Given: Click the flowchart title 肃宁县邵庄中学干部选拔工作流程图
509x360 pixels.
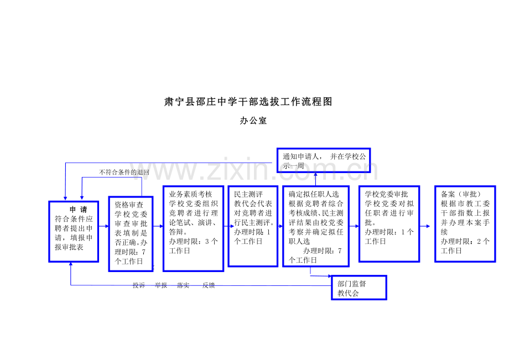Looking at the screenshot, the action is tap(248, 102).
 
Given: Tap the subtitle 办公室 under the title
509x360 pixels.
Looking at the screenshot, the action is tap(253, 121).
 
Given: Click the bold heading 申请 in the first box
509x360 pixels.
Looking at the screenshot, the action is tap(79, 210).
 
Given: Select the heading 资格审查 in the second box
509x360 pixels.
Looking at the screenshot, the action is tap(129, 205).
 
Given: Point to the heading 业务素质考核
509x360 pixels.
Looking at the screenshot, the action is tap(190, 194).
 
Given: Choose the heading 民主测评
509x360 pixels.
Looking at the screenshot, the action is tap(248, 194).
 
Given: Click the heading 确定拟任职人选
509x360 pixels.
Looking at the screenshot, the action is tap(314, 194).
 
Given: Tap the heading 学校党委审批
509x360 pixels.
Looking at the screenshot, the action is tap(386, 194).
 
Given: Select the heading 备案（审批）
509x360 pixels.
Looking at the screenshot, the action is tap(461, 194).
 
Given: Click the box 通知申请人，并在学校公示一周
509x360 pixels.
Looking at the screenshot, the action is tap(324, 160).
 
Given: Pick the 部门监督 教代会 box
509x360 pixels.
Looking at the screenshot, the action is tap(359, 288).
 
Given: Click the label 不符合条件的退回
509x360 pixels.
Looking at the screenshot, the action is tap(124, 172).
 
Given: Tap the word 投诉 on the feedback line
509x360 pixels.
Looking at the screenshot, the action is tap(139, 285).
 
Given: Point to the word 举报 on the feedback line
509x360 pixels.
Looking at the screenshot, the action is tap(160, 285).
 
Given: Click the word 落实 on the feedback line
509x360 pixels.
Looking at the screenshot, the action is tap(183, 285).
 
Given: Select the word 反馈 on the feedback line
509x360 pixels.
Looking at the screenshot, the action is tap(209, 285).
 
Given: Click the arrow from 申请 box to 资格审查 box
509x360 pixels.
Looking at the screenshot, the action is tap(103, 226).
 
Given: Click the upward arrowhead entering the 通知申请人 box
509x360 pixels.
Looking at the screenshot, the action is tap(315, 175).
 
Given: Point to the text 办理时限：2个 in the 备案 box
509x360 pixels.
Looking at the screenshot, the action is tap(465, 241).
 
